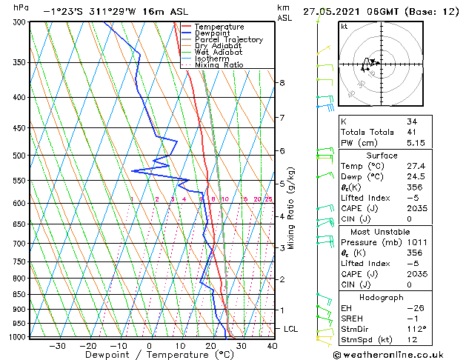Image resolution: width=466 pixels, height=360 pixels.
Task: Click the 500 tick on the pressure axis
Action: pyautogui.click(x=21, y=156)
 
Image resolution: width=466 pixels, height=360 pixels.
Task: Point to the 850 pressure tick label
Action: pyautogui.click(x=21, y=294)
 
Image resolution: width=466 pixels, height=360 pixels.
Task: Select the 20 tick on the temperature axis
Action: pyautogui.click(x=210, y=345)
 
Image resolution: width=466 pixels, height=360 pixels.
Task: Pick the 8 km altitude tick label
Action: pyautogui.click(x=282, y=83)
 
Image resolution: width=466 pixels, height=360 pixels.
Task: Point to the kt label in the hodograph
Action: pyautogui.click(x=344, y=27)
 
